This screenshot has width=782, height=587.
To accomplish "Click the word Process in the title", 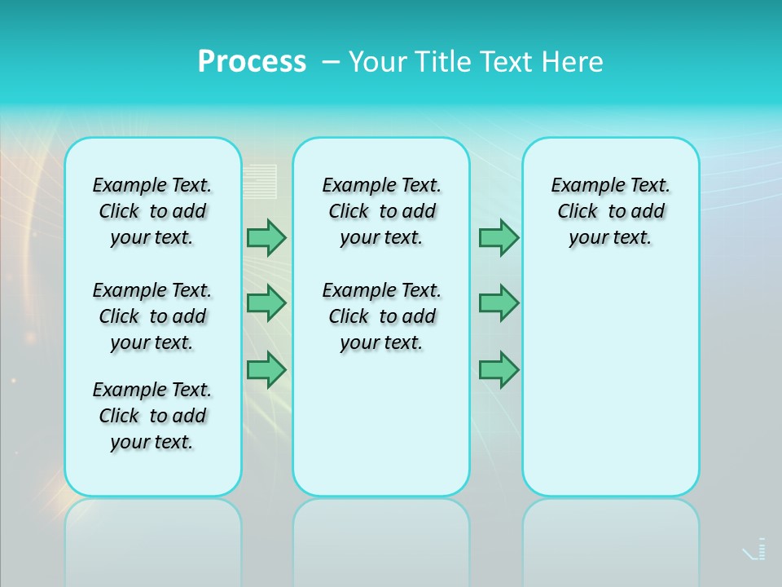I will pos(252,61).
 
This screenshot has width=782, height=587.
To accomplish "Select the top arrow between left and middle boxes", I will pos(266,238).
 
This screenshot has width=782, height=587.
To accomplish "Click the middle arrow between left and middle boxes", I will pos(266,303).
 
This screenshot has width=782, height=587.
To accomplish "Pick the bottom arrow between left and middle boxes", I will pos(266,369).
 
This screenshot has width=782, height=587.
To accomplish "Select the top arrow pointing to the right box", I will pos(499,238).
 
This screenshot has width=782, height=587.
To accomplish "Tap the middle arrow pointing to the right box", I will pos(499,303).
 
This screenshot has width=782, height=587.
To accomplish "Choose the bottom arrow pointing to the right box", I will pos(499,369).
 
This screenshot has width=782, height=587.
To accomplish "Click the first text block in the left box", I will pos(152,211).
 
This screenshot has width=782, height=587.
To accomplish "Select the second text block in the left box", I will pos(152,316).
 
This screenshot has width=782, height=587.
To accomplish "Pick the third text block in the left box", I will pos(152,416).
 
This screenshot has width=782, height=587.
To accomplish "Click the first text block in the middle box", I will pos(381,211).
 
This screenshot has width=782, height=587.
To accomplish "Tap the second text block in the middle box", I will pos(381,316).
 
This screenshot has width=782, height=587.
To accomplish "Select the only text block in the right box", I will pos(611,211).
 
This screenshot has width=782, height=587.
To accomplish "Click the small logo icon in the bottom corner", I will pos(755,550).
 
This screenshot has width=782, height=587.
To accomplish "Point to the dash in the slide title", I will pos(330,62).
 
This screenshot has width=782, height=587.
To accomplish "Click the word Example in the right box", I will pos(582,186).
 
